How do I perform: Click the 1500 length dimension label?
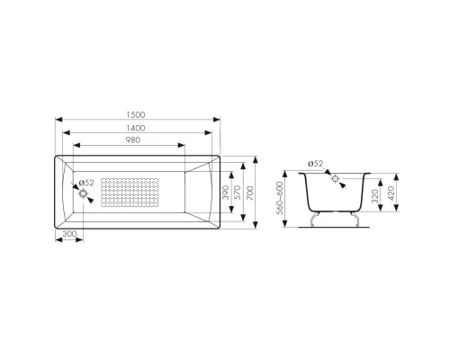tap(136, 115)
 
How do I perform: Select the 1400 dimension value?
tap(136, 128)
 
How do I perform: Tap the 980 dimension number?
tap(133, 140)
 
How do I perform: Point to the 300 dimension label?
tap(69, 234)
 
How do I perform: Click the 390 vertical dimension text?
tap(226, 193)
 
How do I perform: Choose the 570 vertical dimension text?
tap(238, 193)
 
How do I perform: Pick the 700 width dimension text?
tap(250, 193)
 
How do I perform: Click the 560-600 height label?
tap(280, 198)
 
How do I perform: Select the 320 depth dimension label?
tap(375, 196)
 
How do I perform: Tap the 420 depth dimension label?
tap(391, 193)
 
